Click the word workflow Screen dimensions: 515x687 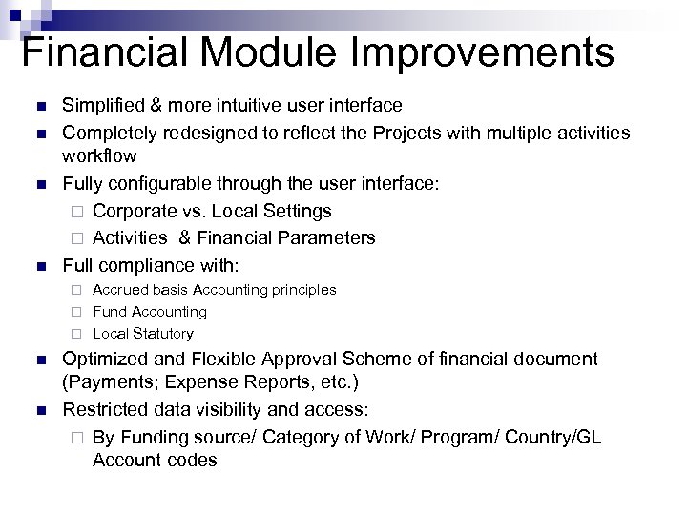point(99,154)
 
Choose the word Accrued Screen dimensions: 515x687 point(121,289)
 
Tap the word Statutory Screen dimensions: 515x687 point(163,334)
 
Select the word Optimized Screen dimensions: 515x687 point(102,359)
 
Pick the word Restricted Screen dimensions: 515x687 point(102,409)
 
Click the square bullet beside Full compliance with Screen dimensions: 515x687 point(39,265)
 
